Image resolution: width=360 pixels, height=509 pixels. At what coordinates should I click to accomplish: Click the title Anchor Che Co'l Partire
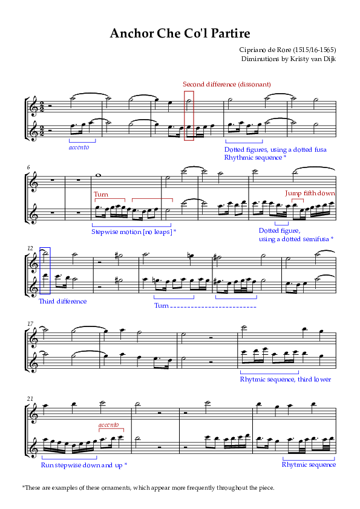180,33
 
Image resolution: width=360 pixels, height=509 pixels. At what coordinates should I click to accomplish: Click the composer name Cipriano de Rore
265,50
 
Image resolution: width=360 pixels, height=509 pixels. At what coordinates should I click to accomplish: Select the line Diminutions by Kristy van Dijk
288,59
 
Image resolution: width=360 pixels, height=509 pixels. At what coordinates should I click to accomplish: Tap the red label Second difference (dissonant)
227,85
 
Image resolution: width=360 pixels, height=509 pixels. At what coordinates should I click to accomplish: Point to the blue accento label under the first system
79,148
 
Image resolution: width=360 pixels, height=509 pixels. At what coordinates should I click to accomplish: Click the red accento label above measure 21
108,424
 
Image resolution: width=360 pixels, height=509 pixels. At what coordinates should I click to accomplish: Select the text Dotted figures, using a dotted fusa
275,150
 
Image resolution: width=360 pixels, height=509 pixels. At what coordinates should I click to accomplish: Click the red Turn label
101,194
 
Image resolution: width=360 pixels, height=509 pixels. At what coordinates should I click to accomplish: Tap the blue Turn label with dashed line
161,305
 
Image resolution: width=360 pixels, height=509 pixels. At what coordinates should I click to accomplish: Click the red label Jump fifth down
310,193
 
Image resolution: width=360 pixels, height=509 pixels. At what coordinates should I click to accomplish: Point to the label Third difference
63,301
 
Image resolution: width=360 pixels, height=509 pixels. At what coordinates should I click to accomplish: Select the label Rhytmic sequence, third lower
285,379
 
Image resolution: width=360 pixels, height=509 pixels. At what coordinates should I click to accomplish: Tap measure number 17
30,323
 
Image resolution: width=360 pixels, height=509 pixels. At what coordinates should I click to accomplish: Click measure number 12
30,248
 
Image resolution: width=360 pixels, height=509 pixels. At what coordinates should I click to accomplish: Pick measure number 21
30,398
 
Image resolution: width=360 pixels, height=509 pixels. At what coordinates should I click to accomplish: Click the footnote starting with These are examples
148,488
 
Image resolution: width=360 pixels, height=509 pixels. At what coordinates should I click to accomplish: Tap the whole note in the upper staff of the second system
97,176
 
